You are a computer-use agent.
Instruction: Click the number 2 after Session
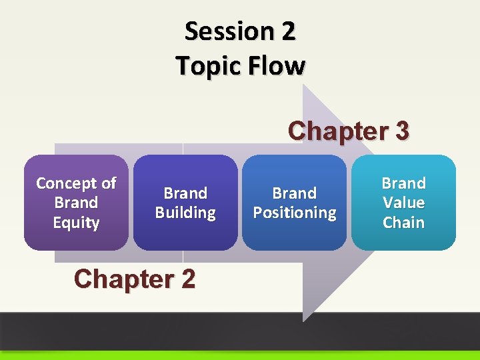289,31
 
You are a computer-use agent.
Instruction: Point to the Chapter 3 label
348,131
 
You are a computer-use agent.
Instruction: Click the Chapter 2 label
135,279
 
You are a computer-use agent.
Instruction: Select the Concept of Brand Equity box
76,203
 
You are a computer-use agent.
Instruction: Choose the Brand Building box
185,203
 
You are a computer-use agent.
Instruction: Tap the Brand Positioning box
295,203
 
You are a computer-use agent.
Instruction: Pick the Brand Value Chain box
403,203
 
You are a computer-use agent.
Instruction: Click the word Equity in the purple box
76,223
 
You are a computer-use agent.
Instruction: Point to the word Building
185,213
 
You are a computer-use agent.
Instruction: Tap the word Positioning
295,213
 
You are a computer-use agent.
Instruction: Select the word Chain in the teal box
403,223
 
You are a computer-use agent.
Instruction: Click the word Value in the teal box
403,203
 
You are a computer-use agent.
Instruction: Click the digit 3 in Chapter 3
401,131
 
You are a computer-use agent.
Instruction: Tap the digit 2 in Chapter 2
187,279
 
